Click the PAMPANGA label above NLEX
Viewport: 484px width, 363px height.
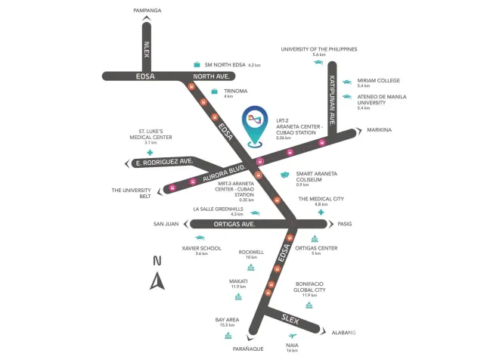147,11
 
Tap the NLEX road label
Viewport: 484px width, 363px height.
147,49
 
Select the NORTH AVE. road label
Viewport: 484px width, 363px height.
212,76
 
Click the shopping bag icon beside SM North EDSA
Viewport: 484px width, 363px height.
197,64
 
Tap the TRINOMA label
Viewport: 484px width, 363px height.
235,91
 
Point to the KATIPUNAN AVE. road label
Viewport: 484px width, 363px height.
332,101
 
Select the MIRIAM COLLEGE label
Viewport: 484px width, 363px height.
378,81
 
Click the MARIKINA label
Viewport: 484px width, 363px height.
379,130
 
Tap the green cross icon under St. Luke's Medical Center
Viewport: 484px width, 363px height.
150,152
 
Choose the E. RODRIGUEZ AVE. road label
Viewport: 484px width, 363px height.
165,162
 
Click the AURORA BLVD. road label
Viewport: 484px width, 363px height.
224,173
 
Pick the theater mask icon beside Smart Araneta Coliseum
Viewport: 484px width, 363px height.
284,175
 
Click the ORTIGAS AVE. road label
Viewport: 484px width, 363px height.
234,224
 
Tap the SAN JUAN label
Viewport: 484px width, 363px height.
166,224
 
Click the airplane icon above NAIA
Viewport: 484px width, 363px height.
293,336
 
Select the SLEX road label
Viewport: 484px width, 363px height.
290,319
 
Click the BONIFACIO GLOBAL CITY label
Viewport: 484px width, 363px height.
309,287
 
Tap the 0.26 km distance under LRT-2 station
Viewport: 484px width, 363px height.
284,138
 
